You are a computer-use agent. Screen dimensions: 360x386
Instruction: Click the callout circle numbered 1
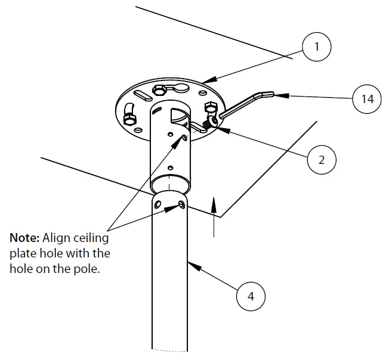click(x=316, y=47)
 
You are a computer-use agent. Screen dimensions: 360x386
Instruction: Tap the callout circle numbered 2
click(x=322, y=159)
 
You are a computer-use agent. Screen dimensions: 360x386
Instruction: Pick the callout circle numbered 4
click(x=251, y=296)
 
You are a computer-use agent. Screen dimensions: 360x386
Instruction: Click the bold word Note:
click(x=24, y=238)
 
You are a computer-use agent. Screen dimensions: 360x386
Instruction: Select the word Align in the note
click(x=55, y=238)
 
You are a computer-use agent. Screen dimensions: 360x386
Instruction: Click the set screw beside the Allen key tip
click(x=211, y=123)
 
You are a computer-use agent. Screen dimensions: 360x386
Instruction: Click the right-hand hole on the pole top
click(x=181, y=206)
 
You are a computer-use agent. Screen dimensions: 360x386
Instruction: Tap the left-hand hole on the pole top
click(x=157, y=204)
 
